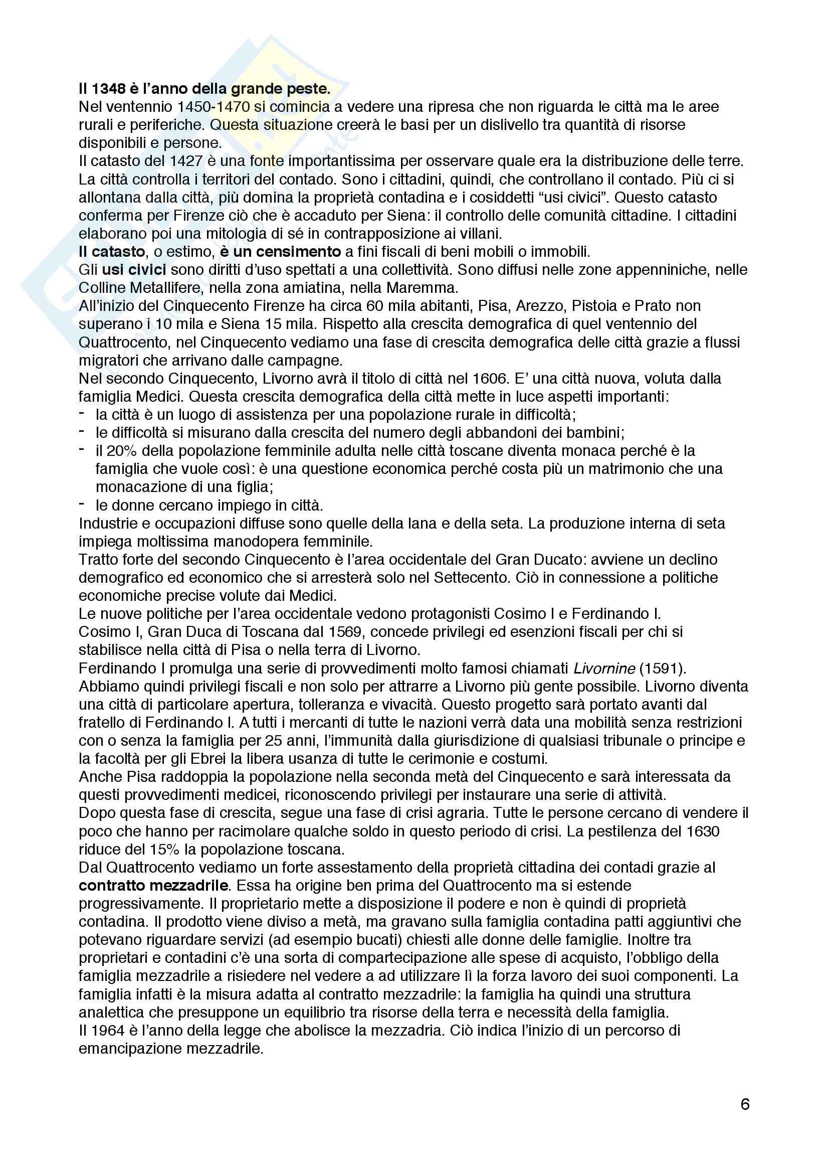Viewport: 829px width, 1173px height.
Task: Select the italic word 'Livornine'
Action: (x=604, y=668)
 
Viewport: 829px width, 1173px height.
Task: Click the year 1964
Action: (x=109, y=1030)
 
